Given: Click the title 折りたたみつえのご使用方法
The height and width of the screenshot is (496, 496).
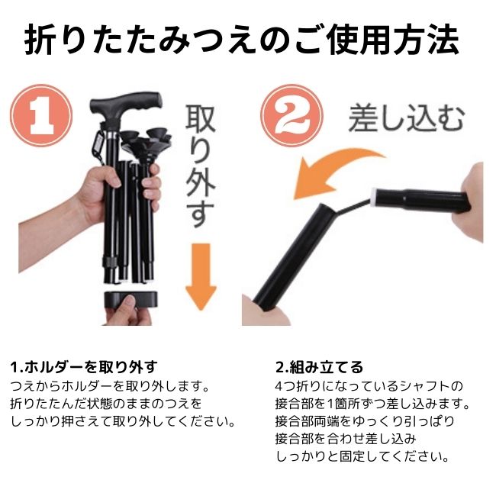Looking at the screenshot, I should (247, 40).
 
